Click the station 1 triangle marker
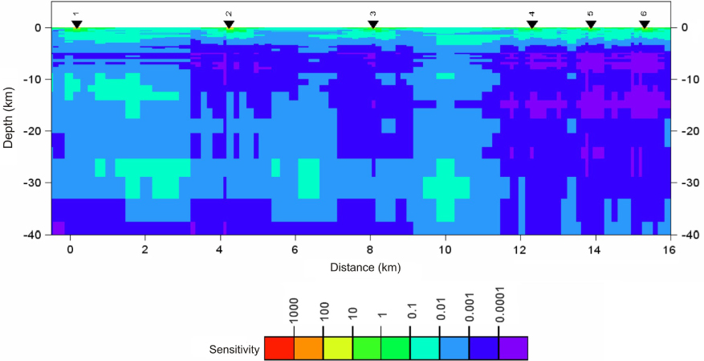coord(76,25)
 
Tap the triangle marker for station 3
coord(372,25)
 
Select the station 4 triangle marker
coord(531,25)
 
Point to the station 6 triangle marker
coord(644,25)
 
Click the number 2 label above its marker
coord(229,14)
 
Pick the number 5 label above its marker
coord(590,14)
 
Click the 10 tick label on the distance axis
coord(445,250)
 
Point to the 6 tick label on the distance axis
coord(295,250)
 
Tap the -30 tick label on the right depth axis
coord(689,183)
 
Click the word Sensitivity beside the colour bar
coord(234,349)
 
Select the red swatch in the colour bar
coord(279,348)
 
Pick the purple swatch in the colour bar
coord(513,348)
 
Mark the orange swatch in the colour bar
coord(308,348)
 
